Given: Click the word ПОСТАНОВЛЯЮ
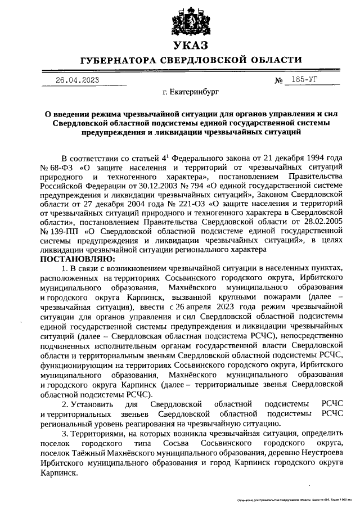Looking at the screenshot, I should [76, 258].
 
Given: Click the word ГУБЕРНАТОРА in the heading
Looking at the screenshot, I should [118, 60].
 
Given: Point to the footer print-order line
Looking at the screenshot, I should [295, 499].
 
